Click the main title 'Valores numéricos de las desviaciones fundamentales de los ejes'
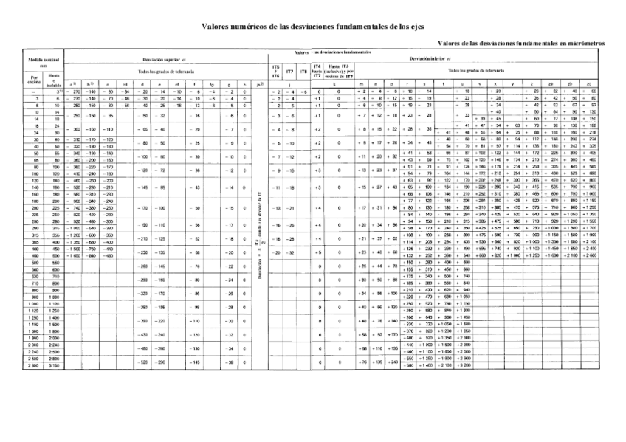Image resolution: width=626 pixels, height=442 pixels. tap(313, 26)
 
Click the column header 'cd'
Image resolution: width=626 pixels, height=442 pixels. tap(126, 83)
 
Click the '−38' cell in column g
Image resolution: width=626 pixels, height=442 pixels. tap(230, 362)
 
